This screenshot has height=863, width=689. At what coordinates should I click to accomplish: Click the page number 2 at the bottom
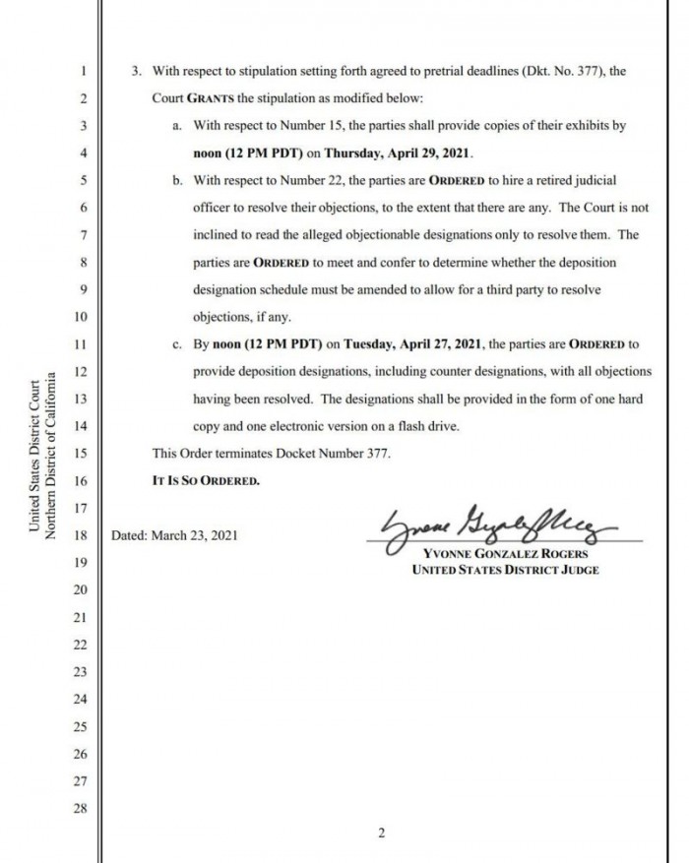coord(381,834)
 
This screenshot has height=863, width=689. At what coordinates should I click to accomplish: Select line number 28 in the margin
coord(82,809)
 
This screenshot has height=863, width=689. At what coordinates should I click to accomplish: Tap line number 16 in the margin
coord(82,481)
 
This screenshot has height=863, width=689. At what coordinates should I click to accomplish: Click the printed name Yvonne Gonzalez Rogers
coord(500,553)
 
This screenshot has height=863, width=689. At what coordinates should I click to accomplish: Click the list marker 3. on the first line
coord(138,72)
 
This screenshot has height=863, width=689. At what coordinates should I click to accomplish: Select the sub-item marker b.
coord(178,181)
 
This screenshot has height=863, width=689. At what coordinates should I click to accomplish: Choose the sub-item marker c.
coord(178,344)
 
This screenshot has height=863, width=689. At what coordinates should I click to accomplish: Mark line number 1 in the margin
coord(85,72)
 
